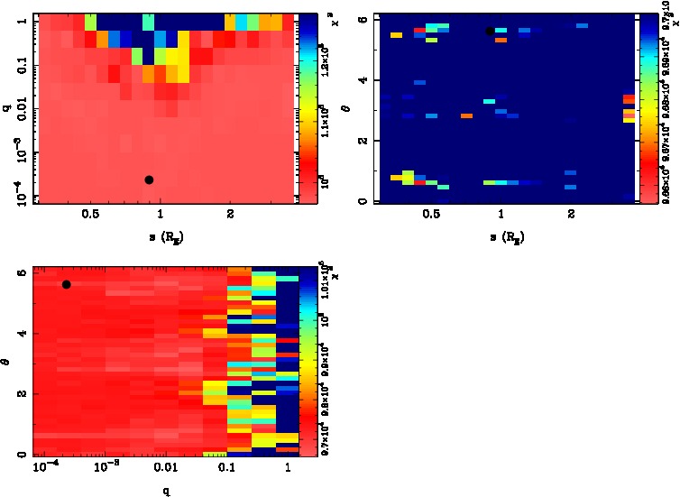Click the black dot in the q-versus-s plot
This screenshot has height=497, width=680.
[x=149, y=180]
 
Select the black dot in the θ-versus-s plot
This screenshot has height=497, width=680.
[x=490, y=31]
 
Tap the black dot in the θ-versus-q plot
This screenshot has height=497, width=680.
[x=66, y=284]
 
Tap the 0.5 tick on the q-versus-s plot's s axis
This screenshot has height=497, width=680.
[x=90, y=216]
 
